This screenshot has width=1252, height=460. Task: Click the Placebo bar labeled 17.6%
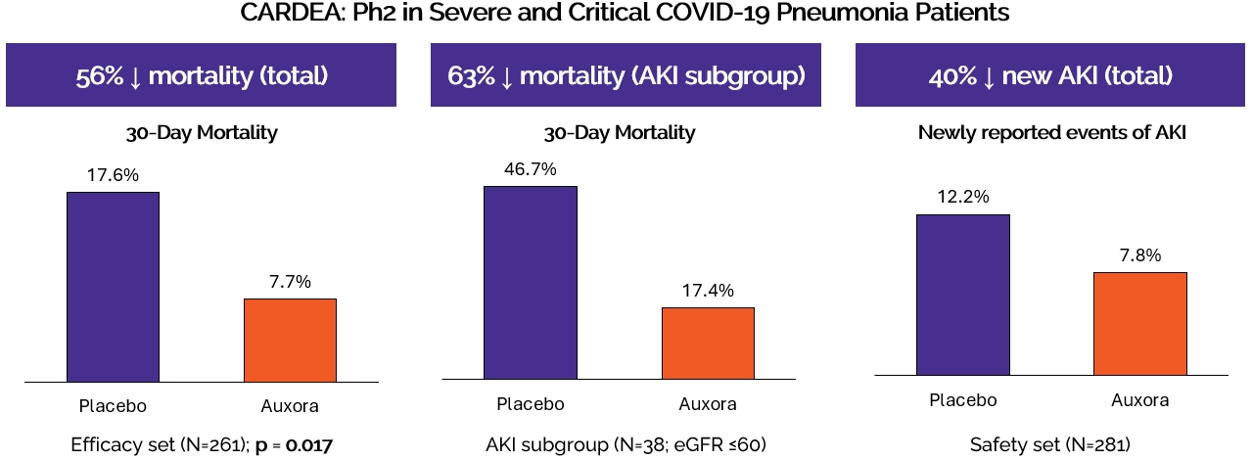(113, 286)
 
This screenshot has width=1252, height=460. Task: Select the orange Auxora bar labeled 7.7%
(290, 340)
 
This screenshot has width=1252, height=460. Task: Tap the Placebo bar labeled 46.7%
(531, 282)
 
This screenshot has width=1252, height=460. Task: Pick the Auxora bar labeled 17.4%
(708, 343)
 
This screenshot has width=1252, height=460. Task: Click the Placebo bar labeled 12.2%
(962, 294)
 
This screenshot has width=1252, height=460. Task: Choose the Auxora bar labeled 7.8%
(1139, 323)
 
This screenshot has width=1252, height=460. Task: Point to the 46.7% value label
(530, 169)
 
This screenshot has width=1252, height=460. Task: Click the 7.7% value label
(290, 282)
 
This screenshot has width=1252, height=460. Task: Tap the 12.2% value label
(962, 198)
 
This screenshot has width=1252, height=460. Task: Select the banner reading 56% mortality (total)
(201, 75)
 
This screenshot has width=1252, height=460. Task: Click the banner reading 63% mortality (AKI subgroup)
(626, 75)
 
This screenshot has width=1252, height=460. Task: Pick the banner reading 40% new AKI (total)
(1051, 75)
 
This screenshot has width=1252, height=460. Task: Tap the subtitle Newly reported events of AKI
(1051, 132)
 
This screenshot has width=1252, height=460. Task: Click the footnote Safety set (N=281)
(1050, 445)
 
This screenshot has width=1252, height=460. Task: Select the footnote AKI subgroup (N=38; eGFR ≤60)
(626, 445)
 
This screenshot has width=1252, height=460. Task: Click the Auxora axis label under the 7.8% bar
(1139, 400)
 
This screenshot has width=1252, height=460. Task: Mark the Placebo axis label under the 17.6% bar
(113, 405)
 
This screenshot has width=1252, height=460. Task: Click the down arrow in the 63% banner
(506, 76)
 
